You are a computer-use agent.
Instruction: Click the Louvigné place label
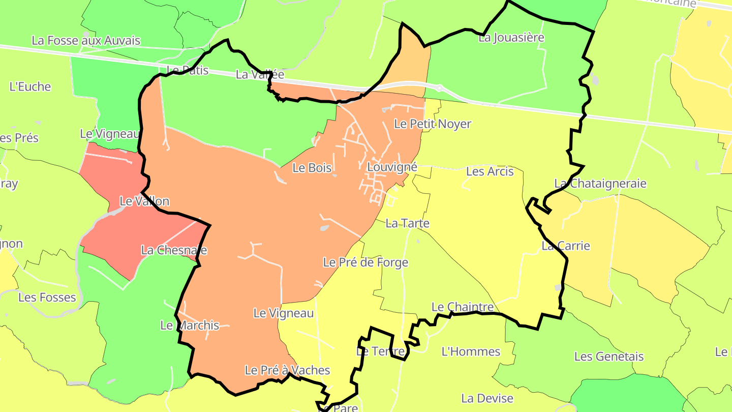click(392, 167)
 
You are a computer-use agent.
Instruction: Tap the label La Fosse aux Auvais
click(86, 41)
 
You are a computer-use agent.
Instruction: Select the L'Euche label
click(30, 87)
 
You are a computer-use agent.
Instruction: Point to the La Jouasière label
click(511, 38)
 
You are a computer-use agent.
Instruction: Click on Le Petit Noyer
click(433, 124)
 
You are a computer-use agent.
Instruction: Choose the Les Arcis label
click(490, 171)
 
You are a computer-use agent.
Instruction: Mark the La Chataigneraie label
click(600, 184)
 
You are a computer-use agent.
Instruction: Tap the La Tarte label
click(408, 223)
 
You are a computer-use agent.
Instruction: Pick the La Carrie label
click(566, 246)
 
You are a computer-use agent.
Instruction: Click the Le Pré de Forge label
click(366, 262)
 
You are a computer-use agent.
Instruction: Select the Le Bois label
click(312, 168)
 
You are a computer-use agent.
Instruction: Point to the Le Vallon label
click(144, 201)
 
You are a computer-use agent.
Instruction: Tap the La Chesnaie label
click(174, 250)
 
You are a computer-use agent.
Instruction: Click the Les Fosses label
click(47, 298)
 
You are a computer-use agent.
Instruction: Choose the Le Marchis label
click(190, 326)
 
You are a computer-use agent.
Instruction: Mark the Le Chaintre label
click(463, 307)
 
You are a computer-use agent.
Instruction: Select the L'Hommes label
click(471, 351)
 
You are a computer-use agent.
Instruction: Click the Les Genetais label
click(609, 357)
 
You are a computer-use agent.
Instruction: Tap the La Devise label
click(487, 398)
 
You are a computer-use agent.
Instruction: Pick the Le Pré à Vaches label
click(287, 370)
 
